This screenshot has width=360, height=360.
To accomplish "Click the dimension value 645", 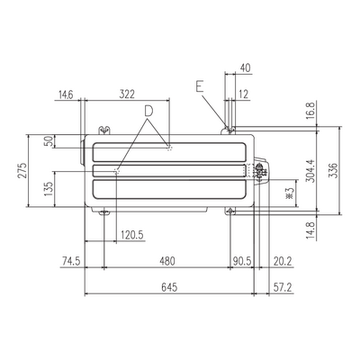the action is [169, 287].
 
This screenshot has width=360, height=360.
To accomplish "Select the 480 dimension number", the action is [167, 261].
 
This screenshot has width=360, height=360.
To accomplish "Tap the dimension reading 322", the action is [127, 94].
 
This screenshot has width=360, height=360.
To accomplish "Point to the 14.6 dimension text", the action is [66, 94].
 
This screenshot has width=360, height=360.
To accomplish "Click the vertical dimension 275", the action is [22, 170].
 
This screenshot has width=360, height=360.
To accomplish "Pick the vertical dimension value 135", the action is [49, 189].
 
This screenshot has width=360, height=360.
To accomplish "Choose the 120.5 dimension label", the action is [132, 234].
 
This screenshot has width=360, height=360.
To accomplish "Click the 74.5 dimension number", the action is [71, 261].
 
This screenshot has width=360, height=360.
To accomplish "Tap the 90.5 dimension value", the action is [242, 261].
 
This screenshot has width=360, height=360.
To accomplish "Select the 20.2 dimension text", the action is [283, 261].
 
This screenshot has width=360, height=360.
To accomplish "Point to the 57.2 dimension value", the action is [283, 287].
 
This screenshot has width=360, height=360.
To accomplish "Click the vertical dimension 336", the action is [333, 170].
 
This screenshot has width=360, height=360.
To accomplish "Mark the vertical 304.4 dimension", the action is [310, 170].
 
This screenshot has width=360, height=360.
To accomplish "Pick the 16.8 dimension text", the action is [311, 111].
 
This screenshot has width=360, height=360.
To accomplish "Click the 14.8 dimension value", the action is [311, 230].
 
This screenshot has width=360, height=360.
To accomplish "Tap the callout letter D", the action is [148, 111].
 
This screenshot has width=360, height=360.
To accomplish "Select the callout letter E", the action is [200, 87].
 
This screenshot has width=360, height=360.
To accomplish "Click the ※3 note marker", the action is [290, 193].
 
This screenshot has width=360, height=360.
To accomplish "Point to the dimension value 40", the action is [245, 68].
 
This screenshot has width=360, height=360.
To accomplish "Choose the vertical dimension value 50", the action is [49, 141].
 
